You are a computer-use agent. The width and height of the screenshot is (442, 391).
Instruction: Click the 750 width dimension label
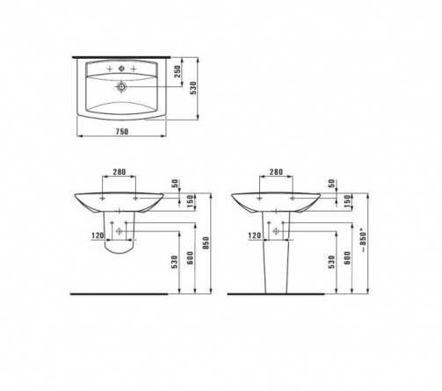tap(122, 132)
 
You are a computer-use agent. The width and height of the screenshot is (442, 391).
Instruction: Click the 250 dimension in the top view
tap(178, 71)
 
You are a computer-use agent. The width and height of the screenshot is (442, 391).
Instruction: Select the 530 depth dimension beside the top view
tap(193, 88)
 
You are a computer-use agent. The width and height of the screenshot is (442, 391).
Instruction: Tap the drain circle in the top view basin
tap(121, 87)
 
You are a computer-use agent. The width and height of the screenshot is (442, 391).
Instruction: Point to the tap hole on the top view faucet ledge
tap(121, 69)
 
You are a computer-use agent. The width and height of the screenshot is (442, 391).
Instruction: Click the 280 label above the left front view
tap(120, 171)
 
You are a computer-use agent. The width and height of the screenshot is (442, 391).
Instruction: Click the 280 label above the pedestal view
tap(276, 171)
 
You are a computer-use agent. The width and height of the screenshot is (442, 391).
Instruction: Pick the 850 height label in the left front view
tap(206, 243)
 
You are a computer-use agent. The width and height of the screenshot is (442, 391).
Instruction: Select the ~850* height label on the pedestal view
tap(363, 241)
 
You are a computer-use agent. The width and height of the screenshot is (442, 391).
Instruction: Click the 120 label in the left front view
tap(98, 235)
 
